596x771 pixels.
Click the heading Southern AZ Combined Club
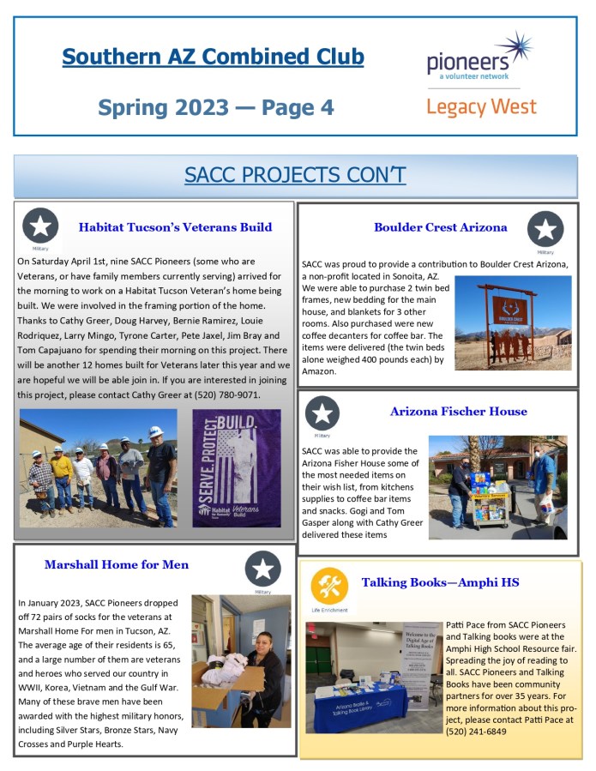point(213,57)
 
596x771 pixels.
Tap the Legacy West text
point(481,107)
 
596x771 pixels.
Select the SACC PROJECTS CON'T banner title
point(295,175)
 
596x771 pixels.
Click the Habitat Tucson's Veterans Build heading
point(175,227)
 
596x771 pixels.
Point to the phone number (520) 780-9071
point(226,395)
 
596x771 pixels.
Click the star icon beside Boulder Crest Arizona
point(545,228)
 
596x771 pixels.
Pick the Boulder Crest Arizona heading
point(440,227)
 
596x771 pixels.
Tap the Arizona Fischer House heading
point(458,412)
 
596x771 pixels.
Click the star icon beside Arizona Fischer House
point(322,413)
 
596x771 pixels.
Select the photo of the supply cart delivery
point(497,486)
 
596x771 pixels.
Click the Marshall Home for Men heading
point(117,564)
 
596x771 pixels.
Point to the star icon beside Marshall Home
point(262,569)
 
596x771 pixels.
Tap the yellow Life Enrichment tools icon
point(329,585)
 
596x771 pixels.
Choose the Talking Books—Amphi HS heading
point(440,582)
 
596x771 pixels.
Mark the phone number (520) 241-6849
point(476,731)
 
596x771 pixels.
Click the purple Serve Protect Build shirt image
point(236,467)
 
